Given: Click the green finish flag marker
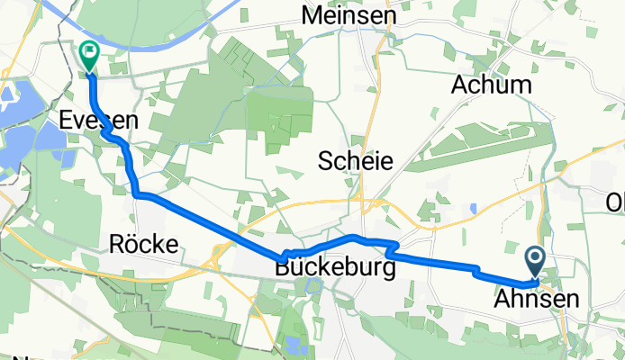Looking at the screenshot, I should tap(90, 56).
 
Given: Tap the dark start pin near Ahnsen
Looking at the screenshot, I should tap(533, 262).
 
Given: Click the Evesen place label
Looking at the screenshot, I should tap(86, 120).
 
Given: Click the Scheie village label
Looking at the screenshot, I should tap(356, 161).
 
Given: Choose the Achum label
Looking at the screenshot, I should tap(491, 85).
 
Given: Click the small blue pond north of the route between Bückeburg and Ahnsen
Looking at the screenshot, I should tap(473, 209).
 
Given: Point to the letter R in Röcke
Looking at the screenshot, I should tap(115, 241).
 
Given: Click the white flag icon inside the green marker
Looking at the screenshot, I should tap(90, 53).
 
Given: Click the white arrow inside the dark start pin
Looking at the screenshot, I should tap(533, 260).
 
